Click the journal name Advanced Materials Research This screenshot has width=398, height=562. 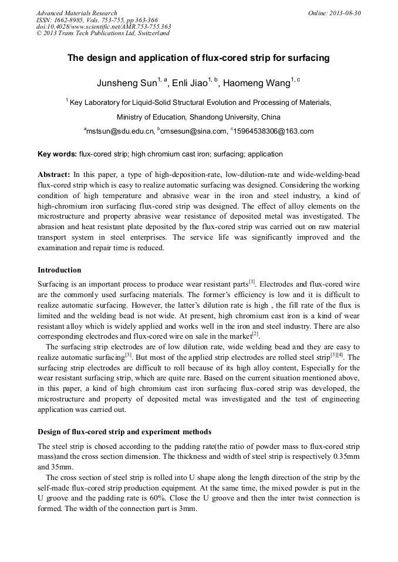pos(77,13)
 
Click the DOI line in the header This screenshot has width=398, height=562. pos(103,26)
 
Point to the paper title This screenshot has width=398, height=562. pos(198,58)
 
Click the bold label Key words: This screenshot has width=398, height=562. pos(57,155)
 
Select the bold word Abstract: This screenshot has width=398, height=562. pos(54,175)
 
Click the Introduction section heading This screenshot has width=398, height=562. pos(59,270)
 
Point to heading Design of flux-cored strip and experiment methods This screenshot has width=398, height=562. pos(124,432)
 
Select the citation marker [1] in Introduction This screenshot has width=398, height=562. pos(252,282)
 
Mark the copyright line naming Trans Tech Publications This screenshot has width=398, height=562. pos(103,33)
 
